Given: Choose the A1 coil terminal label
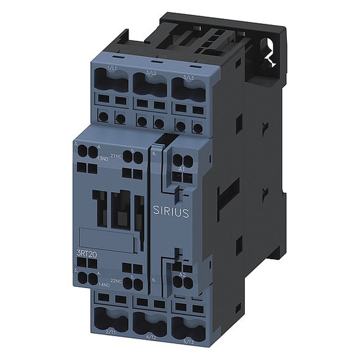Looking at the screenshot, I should point(181,168).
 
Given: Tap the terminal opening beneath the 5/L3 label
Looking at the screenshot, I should point(187,92).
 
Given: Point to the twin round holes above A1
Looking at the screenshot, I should point(186,161).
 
